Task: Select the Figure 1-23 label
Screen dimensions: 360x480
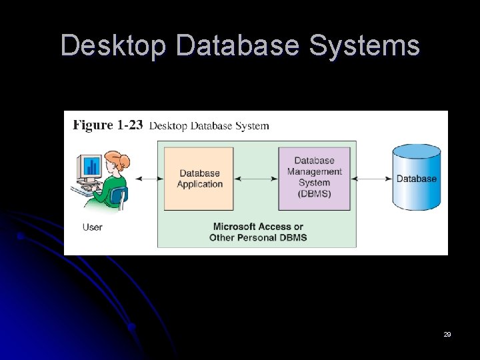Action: [x=107, y=125]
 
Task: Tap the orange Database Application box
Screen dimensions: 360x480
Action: [x=199, y=179]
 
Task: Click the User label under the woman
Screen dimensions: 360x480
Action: [x=92, y=227]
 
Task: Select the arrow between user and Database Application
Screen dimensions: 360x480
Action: [x=149, y=178]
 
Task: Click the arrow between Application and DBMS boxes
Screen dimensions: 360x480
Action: [x=255, y=178]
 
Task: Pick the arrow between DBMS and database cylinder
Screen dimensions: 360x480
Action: [x=371, y=178]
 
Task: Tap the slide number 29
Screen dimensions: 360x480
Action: [x=447, y=334]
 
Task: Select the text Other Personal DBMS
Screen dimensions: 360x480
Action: [x=258, y=237]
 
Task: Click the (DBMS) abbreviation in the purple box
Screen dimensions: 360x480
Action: [x=314, y=193]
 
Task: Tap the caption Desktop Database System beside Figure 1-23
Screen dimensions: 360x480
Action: [x=209, y=126]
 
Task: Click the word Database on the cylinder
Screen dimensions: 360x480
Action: [x=417, y=179]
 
